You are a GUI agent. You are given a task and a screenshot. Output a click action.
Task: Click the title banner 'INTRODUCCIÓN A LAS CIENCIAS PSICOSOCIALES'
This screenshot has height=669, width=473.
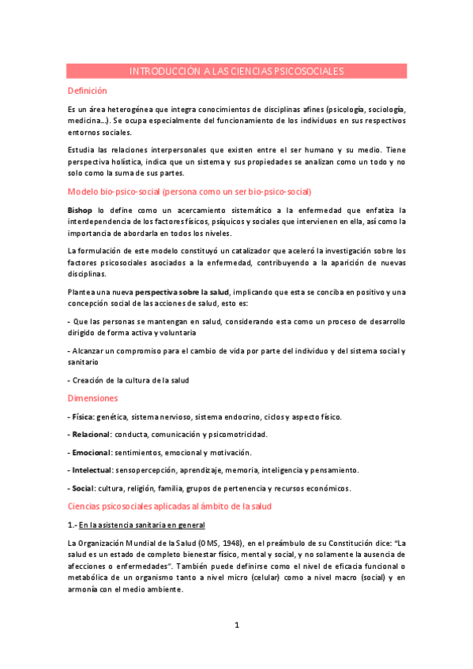[x=236, y=71]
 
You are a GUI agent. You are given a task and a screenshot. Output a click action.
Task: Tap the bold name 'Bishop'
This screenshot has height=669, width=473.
[x=80, y=211]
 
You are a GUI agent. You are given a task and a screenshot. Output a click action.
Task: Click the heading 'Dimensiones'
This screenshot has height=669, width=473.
[x=92, y=398]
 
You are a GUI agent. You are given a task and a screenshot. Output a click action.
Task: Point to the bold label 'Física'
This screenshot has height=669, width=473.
[x=83, y=417]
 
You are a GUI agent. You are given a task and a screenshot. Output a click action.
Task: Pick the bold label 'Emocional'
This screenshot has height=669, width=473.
[x=91, y=453]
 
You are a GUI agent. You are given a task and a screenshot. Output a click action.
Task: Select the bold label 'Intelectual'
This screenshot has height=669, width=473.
[x=92, y=471]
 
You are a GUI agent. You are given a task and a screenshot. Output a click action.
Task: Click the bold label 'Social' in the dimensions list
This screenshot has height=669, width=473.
[x=84, y=489]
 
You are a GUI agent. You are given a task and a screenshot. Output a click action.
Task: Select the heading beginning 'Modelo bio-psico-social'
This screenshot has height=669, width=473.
[x=190, y=192]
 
